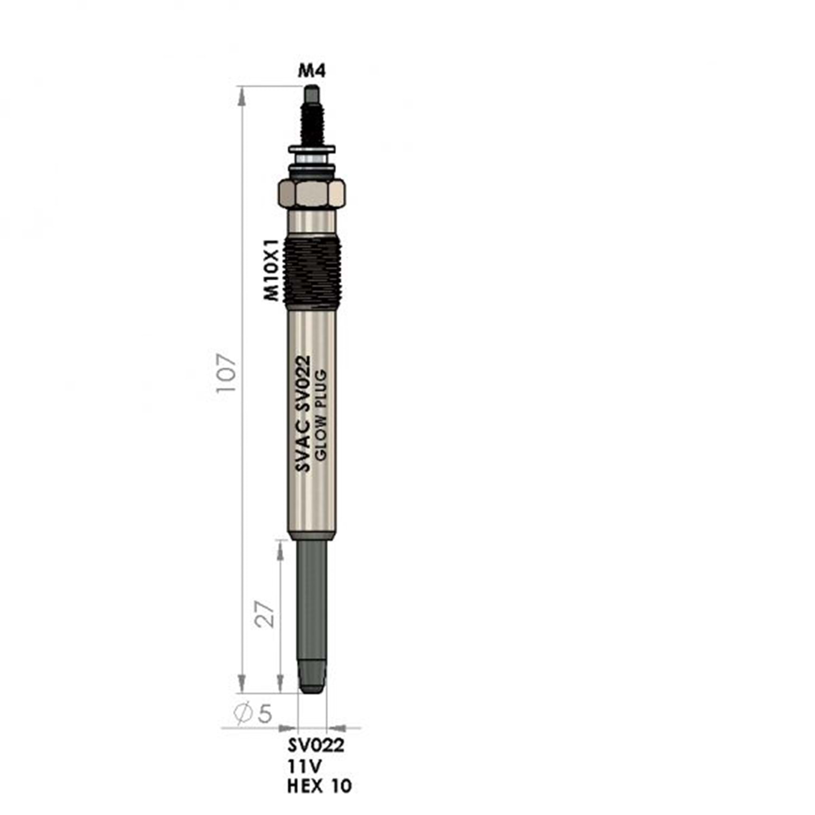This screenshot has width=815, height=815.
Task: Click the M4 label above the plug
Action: point(312,71)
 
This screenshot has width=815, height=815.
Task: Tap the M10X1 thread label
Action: point(271,270)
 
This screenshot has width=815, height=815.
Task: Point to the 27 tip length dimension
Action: point(265,615)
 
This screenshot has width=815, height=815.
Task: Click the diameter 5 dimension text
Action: point(253,713)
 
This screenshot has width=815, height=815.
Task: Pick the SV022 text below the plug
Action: point(316,745)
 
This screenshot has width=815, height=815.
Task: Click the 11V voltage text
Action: point(305,766)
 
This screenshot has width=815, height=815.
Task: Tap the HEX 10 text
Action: point(319,786)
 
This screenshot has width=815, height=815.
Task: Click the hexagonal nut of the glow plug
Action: point(311,193)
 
